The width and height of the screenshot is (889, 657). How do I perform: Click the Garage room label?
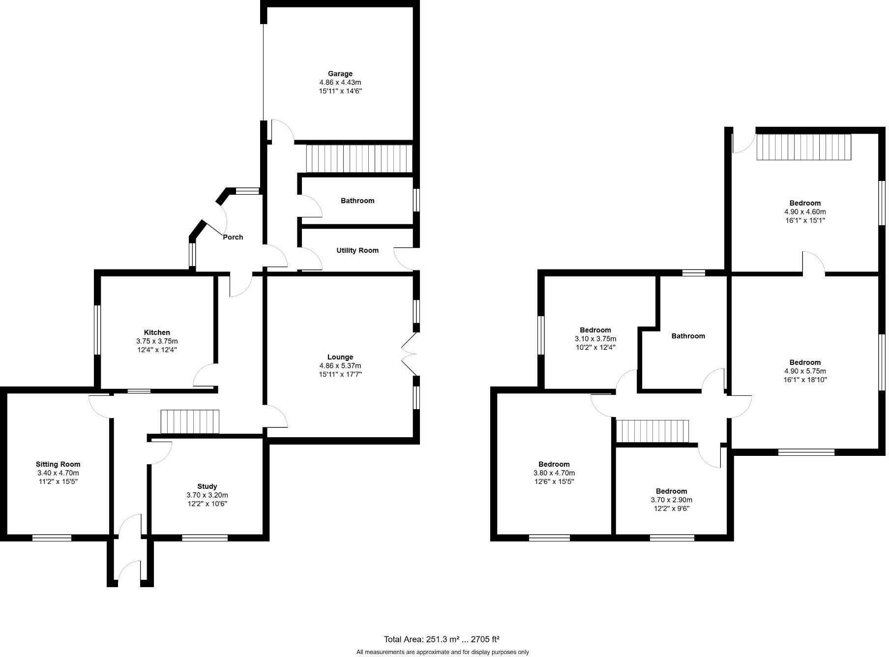point(340,74)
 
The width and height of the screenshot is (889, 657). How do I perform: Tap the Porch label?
point(233,237)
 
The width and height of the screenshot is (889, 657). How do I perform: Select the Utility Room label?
point(357,250)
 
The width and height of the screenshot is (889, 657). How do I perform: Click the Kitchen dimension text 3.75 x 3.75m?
point(157,341)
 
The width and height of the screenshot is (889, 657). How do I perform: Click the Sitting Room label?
point(58,464)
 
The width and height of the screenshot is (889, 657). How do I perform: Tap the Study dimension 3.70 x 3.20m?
point(207,495)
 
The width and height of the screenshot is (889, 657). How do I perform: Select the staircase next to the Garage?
point(359,158)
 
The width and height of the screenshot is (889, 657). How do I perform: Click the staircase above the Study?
point(190,421)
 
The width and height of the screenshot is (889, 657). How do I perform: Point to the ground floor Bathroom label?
point(357,201)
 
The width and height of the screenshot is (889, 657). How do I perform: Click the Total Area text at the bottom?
point(441,639)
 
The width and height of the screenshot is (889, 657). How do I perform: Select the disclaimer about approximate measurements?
point(442,652)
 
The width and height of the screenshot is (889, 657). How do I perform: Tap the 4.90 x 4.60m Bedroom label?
point(804,203)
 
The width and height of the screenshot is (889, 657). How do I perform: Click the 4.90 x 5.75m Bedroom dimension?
point(804,371)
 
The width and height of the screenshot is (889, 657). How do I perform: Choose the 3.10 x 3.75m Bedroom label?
point(595,330)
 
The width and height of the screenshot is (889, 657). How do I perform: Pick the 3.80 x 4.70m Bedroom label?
point(554,464)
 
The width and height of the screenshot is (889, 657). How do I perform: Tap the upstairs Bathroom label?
point(687,336)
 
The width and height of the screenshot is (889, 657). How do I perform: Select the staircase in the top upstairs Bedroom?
point(803,147)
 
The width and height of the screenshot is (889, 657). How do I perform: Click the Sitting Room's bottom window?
point(52,538)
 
